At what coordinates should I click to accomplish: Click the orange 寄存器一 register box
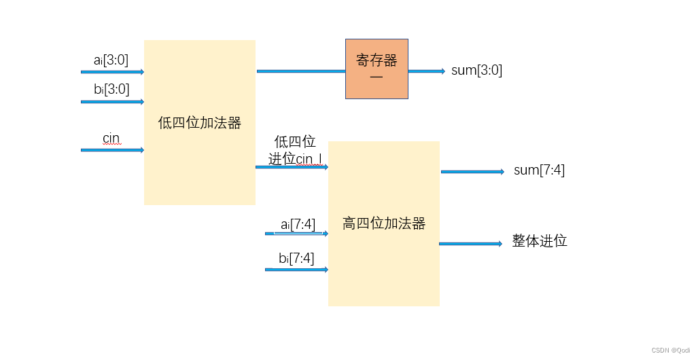[x=377, y=69]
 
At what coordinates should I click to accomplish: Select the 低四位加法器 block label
[x=200, y=123]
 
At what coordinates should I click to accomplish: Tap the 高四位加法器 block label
[x=384, y=223]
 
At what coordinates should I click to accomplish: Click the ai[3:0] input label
[x=111, y=60]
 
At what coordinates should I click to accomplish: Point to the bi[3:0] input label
[x=111, y=89]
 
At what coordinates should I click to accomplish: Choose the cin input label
[x=111, y=139]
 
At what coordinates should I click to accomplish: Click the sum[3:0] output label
[x=476, y=70]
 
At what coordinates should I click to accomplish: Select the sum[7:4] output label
[x=539, y=170]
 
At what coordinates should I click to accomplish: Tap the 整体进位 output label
[x=540, y=241]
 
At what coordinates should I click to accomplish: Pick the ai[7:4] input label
[x=298, y=223]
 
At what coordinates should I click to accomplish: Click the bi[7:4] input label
[x=296, y=258]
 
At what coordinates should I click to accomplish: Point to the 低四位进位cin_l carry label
[x=295, y=150]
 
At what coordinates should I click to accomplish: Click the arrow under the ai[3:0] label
[x=112, y=71]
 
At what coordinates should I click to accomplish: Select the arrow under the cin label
[x=112, y=149]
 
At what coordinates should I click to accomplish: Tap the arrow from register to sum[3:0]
[x=427, y=71]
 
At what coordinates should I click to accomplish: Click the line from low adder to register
[x=300, y=71]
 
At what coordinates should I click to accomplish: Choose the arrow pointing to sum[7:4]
[x=472, y=172]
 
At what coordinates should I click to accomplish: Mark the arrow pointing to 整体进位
[x=471, y=243]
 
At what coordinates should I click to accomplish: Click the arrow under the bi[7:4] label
[x=296, y=270]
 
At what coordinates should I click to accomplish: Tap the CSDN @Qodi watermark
[x=671, y=350]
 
